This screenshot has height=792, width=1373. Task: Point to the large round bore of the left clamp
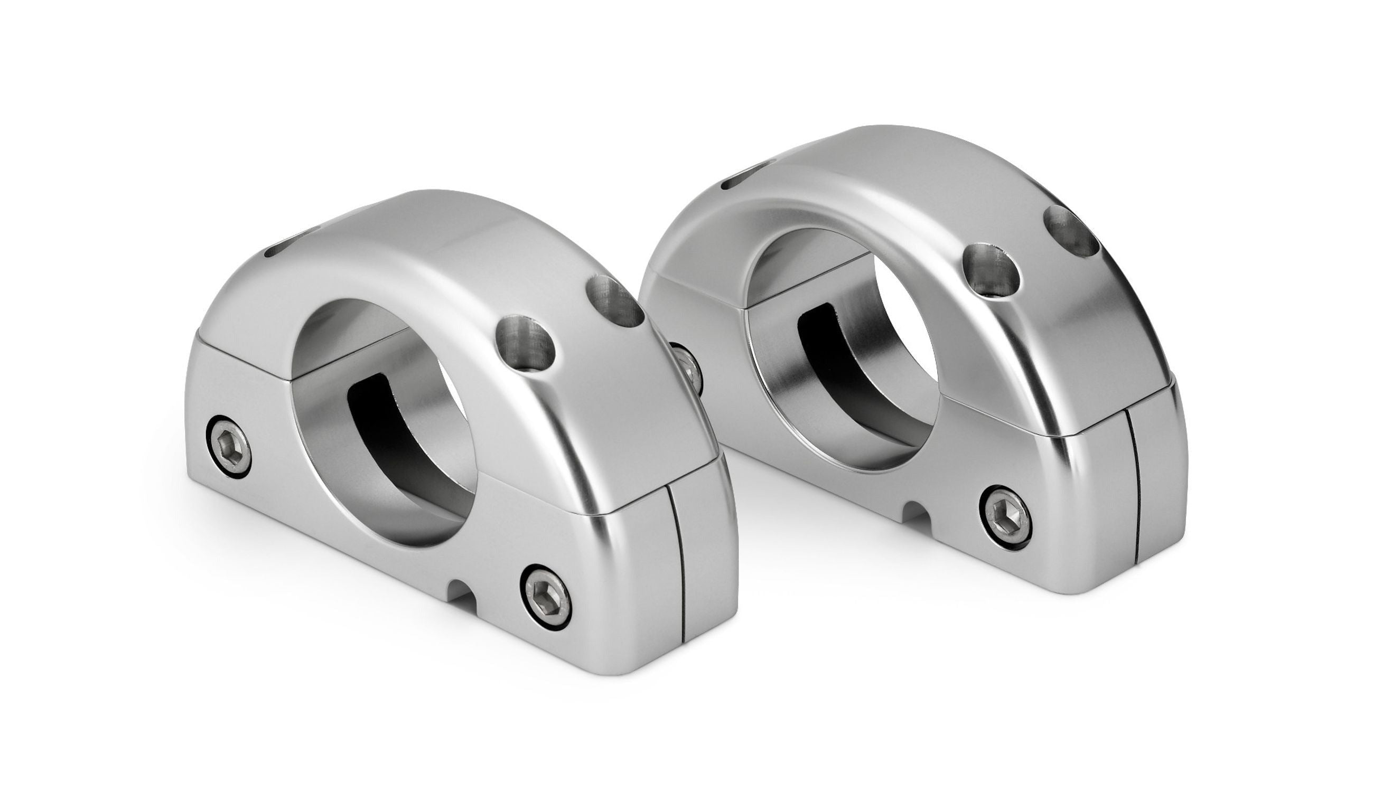[x=381, y=413]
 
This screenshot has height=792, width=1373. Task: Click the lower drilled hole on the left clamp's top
[x=525, y=344]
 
